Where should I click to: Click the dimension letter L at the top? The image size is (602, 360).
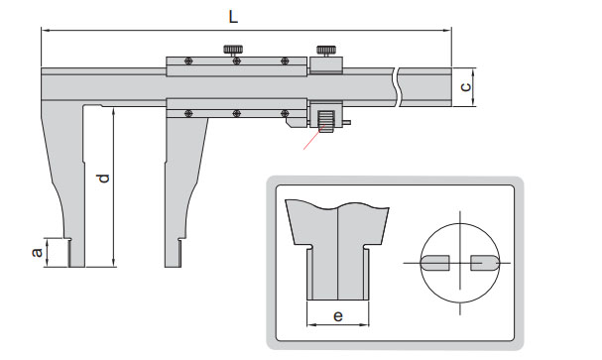[233, 17]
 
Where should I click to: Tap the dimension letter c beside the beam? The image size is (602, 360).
[465, 87]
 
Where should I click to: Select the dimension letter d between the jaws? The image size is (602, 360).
[104, 179]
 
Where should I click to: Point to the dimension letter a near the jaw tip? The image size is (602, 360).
[37, 252]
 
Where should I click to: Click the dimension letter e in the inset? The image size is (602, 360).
[338, 315]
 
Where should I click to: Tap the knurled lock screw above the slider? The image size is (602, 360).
[233, 51]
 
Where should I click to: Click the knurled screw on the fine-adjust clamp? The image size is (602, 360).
[326, 51]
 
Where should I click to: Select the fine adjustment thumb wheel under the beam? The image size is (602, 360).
[326, 121]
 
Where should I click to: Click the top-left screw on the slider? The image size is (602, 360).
[188, 61]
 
